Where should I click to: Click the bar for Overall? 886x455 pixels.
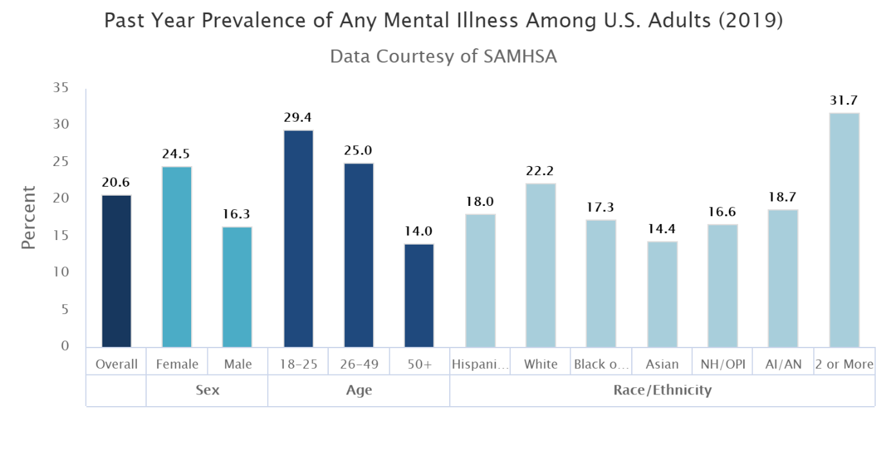[x=116, y=271]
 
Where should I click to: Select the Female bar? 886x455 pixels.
[x=177, y=257]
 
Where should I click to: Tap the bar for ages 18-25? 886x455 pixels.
[x=298, y=239]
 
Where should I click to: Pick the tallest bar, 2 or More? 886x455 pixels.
[x=844, y=230]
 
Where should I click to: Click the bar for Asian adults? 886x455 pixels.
[x=662, y=294]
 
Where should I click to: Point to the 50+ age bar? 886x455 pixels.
[x=419, y=295]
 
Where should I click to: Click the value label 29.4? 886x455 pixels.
[x=298, y=118]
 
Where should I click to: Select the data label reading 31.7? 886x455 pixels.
[x=844, y=100]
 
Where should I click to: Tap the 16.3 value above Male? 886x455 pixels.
[x=237, y=214]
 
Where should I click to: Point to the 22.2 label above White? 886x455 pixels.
[x=540, y=171]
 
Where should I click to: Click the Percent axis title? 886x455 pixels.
[x=29, y=218]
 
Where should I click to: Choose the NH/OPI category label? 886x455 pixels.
[x=722, y=364]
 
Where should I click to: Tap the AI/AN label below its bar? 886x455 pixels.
[x=783, y=364]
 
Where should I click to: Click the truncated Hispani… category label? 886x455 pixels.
[x=480, y=364]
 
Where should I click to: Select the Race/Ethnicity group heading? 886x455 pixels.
[x=662, y=390]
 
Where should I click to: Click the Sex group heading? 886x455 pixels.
[x=207, y=390]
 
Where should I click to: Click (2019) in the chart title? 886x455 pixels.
[x=752, y=21]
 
